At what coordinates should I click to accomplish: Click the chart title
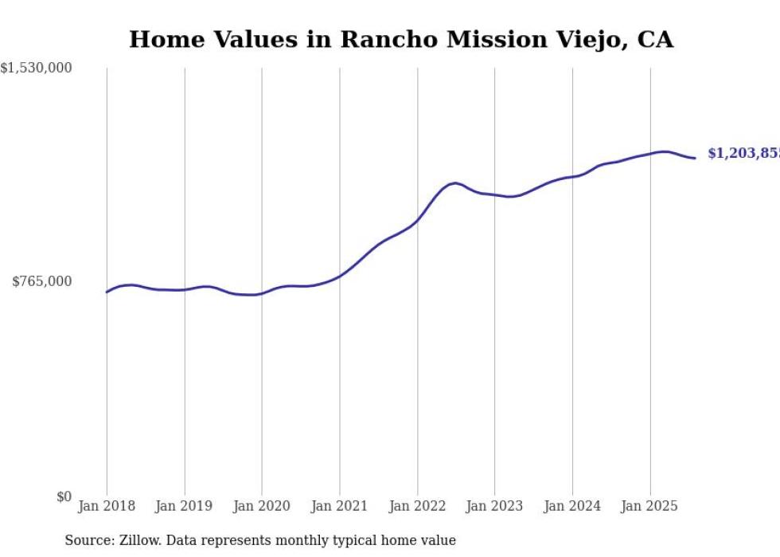401,40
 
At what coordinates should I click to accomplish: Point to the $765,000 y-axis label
42,281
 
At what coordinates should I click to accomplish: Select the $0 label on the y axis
64,496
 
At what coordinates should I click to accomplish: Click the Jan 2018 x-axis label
107,506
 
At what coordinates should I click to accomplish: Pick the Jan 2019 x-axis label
185,506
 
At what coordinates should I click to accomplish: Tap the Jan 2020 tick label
262,506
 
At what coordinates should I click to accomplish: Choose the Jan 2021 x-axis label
340,506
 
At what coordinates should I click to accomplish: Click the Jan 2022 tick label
417,506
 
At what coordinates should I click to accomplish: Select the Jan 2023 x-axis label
494,506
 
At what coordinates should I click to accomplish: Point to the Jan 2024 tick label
572,506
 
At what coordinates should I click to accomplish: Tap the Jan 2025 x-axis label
649,506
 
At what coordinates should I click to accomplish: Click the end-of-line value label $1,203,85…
743,154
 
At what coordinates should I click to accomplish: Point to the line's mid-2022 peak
454,183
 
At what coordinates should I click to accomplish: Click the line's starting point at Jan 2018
107,292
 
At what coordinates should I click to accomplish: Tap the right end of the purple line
696,158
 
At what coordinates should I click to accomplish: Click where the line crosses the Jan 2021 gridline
340,276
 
